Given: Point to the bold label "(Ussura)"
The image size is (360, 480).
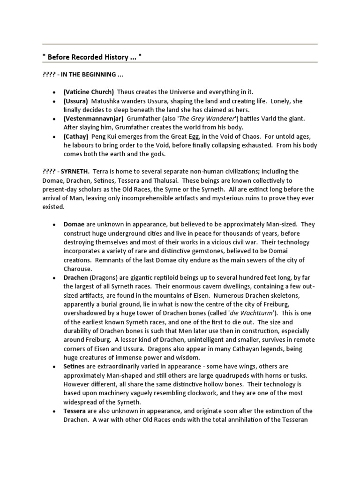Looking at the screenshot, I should point(75,101).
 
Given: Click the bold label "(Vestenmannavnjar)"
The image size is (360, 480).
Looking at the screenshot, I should point(93,119).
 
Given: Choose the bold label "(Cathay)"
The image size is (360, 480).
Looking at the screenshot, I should point(75,136).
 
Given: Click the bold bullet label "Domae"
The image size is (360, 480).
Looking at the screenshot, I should point(74,225).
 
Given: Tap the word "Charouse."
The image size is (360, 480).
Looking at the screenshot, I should point(78,269).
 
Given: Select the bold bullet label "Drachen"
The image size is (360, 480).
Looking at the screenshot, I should point(75,278).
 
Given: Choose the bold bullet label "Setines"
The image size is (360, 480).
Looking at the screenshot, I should point(75,367).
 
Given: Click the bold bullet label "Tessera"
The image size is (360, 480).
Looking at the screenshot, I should point(75,411).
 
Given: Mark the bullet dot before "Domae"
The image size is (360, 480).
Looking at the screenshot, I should point(55,225).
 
